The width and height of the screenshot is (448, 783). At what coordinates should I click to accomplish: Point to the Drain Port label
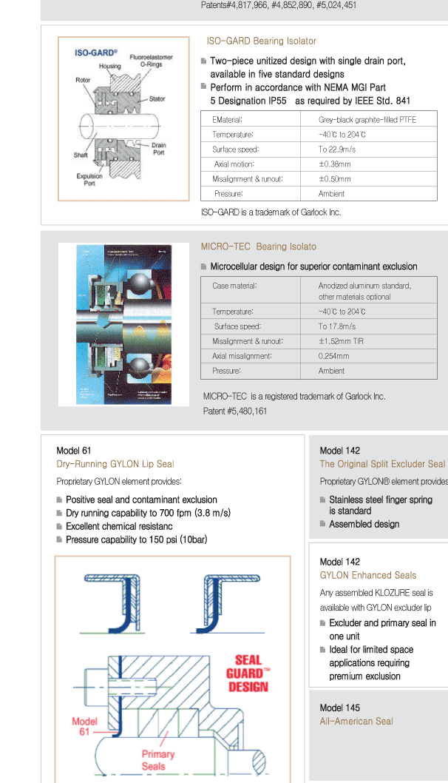point(158,149)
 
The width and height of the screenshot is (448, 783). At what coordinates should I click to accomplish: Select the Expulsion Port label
point(89,180)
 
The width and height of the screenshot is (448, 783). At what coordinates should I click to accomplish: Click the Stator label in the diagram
point(157,98)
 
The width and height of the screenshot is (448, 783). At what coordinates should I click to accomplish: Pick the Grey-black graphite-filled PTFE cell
point(367,119)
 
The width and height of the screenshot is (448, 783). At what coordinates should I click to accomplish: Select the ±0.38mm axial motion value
point(334,164)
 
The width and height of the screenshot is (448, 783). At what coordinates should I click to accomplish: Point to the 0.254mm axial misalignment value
point(333,356)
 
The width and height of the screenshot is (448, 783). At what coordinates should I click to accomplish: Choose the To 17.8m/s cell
point(337,326)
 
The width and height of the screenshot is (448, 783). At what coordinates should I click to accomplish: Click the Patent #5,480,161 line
point(235,411)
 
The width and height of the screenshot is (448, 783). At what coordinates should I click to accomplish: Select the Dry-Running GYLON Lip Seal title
point(115,464)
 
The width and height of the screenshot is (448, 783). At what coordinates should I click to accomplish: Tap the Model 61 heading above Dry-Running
point(74,451)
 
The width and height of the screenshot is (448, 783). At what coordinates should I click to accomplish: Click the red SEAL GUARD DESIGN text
point(248,673)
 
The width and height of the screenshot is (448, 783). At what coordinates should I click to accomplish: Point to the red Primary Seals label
point(158,760)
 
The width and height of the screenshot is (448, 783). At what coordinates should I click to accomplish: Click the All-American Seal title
point(356,722)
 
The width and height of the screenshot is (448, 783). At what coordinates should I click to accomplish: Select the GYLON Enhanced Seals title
point(367,575)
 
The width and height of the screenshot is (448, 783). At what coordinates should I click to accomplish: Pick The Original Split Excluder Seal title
point(382,464)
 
